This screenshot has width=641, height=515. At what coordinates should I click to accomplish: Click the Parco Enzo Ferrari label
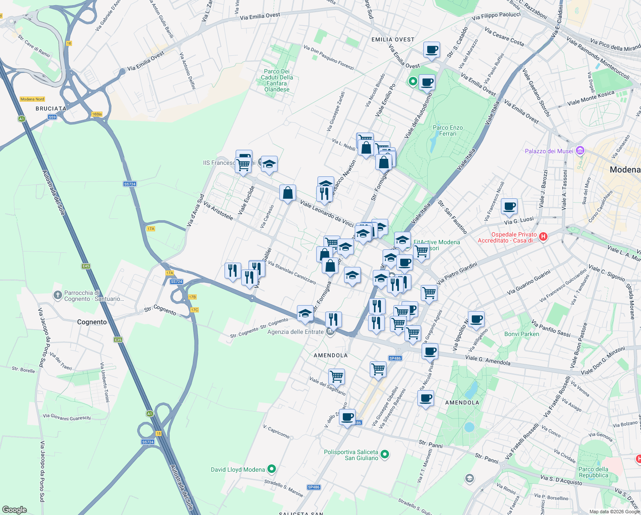pyautogui.click(x=448, y=130)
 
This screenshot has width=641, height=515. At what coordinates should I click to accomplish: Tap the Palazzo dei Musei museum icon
pyautogui.click(x=580, y=151)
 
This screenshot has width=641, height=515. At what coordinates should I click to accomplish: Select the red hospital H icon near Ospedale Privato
pyautogui.click(x=543, y=237)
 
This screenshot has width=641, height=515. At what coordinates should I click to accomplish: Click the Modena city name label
pyautogui.click(x=625, y=170)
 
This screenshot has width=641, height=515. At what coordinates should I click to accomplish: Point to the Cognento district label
pyautogui.click(x=92, y=322)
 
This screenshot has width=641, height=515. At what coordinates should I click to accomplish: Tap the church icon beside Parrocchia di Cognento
pyautogui.click(x=57, y=295)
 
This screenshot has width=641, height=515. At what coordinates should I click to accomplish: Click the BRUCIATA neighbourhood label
pyautogui.click(x=51, y=109)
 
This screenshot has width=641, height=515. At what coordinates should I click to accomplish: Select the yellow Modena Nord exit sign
pyautogui.click(x=32, y=99)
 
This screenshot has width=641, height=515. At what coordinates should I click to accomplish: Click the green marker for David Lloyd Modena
pyautogui.click(x=271, y=470)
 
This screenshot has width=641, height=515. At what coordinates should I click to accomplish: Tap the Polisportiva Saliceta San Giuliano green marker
pyautogui.click(x=385, y=454)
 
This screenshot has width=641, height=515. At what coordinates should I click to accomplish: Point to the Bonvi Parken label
pyautogui.click(x=521, y=334)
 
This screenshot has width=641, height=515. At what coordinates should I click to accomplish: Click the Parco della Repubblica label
pyautogui.click(x=593, y=472)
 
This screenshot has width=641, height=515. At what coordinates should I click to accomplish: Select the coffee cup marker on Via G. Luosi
pyautogui.click(x=509, y=206)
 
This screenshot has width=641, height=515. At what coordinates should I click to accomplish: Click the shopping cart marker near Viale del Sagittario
pyautogui.click(x=336, y=376)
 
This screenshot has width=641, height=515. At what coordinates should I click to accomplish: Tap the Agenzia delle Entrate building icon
pyautogui.click(x=330, y=332)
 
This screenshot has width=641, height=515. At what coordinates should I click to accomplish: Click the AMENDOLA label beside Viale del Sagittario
pyautogui.click(x=330, y=355)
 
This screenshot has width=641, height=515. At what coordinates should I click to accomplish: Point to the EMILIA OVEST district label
pyautogui.click(x=393, y=39)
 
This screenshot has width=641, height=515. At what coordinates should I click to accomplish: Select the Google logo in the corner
pyautogui.click(x=14, y=509)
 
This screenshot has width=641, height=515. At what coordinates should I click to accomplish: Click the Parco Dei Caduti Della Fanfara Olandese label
pyautogui.click(x=277, y=80)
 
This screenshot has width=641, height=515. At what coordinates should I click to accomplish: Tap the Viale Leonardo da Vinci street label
pyautogui.click(x=326, y=213)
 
